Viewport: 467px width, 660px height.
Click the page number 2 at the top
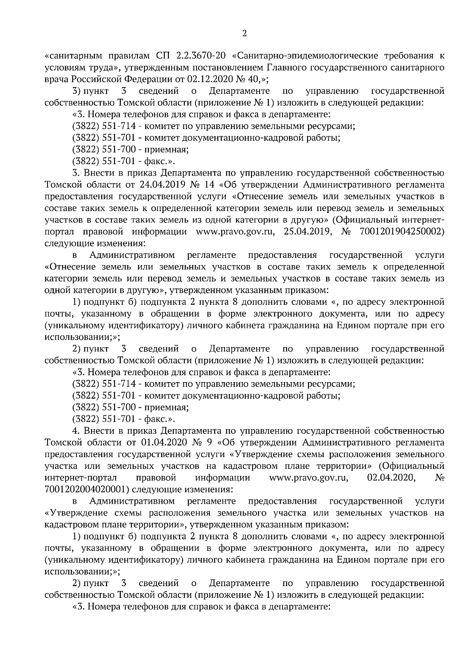click(244, 34)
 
